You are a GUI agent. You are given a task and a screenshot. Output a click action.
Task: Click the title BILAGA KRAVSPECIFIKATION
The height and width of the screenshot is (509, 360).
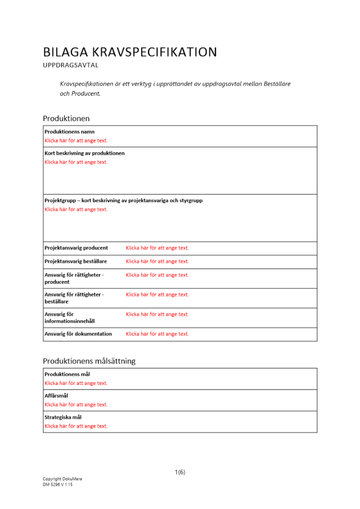click(130, 52)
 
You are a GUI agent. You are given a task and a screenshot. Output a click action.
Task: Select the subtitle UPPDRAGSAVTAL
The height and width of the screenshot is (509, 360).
click(71, 66)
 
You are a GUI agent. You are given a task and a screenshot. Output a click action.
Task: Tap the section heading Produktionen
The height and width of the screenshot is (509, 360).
click(66, 119)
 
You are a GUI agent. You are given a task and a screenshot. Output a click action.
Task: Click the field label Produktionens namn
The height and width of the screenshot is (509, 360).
click(69, 132)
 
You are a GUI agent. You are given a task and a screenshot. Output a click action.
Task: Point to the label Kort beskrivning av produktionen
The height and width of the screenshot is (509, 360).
click(85, 153)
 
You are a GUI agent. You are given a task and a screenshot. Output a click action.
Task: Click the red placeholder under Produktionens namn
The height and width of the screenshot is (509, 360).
click(76, 140)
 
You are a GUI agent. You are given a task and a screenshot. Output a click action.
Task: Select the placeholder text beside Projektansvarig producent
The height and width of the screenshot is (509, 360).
click(157, 248)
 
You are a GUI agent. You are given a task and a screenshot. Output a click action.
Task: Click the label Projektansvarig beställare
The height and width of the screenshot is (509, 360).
click(76, 262)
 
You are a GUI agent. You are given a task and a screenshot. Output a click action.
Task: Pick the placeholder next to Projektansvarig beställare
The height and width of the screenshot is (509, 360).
click(157, 262)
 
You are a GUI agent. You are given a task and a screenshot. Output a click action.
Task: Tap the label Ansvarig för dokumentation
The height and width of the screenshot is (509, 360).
click(78, 334)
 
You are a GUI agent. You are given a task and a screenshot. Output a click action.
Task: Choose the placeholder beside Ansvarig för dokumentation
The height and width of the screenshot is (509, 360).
click(157, 334)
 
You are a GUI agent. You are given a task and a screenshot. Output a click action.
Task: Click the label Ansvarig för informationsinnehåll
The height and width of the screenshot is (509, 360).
click(70, 318)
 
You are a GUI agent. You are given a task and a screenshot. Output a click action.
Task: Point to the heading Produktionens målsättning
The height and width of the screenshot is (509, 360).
click(89, 361)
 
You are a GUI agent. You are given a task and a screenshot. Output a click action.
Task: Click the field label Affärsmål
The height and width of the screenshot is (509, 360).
click(57, 395)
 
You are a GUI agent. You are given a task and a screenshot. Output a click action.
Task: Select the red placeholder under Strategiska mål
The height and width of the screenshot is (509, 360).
click(76, 426)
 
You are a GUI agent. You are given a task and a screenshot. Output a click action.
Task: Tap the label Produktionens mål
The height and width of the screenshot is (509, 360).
click(68, 374)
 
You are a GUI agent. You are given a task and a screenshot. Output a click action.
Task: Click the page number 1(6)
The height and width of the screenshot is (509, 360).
click(180, 472)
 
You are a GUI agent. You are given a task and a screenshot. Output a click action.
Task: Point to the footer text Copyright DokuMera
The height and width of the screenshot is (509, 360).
click(62, 479)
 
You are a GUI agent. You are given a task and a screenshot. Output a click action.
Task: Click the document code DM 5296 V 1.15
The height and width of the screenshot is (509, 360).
click(58, 485)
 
